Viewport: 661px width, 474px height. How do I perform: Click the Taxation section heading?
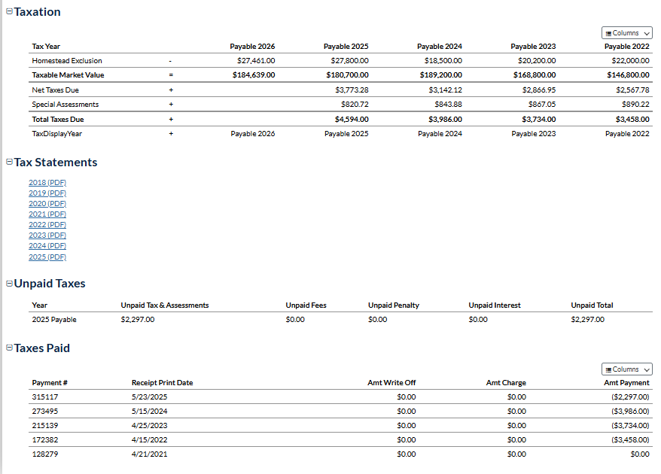tap(37, 12)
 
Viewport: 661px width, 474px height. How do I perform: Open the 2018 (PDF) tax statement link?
tap(47, 182)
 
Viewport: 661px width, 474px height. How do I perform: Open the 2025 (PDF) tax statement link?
tap(47, 257)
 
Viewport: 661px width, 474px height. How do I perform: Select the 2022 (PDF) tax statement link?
tap(47, 224)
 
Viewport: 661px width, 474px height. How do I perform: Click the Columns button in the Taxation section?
tap(626, 33)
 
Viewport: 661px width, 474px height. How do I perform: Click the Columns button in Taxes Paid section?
tap(626, 369)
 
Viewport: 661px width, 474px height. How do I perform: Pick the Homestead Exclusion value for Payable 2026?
tap(256, 60)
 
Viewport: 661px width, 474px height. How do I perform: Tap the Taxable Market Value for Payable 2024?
tap(441, 75)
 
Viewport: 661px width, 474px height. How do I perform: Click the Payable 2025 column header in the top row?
tap(346, 47)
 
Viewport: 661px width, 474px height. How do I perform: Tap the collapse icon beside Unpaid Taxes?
tap(9, 284)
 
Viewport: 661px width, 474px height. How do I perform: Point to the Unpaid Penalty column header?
tap(393, 305)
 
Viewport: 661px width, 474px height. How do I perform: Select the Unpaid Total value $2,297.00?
tap(587, 320)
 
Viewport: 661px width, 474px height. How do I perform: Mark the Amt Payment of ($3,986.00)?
tap(630, 411)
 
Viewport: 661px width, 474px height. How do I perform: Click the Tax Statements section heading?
tap(55, 163)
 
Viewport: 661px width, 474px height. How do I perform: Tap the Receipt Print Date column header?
tap(162, 383)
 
